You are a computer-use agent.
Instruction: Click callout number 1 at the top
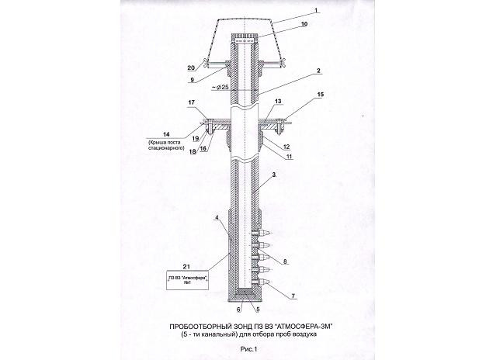tap(316, 10)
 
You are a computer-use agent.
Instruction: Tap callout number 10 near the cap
tap(304, 24)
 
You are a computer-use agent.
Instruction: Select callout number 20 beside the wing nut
tap(191, 67)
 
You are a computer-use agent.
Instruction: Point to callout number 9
tap(192, 80)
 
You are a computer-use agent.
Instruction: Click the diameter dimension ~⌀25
tap(220, 87)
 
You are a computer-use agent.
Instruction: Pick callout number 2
tap(318, 71)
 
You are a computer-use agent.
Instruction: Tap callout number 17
tap(192, 102)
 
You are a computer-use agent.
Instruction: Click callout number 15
tap(321, 94)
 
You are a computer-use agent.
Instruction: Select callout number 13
tap(278, 101)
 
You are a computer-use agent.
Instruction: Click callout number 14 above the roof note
tap(166, 134)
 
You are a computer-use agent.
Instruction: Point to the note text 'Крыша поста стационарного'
tap(166, 144)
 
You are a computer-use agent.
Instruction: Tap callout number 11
tap(289, 156)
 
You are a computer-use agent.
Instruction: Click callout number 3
tap(274, 175)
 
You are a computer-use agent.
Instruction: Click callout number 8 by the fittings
tap(285, 261)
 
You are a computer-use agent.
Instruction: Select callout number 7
tap(293, 296)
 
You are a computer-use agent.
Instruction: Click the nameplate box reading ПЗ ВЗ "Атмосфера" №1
tap(187, 279)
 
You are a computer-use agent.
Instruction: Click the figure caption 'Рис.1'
tap(248, 349)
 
